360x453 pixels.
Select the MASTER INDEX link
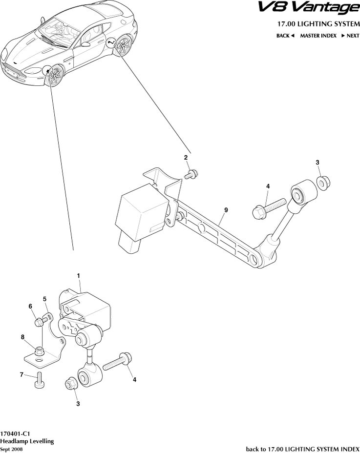318,36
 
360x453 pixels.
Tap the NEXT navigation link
350,36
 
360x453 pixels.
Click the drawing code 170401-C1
16,433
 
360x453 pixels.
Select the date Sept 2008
11,449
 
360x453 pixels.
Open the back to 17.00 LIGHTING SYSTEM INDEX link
302,449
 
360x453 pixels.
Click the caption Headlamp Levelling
27,441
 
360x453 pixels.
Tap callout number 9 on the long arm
226,210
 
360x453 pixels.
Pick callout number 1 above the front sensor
78,276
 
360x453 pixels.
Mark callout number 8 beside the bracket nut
22,336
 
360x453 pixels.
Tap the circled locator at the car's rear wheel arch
112,43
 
